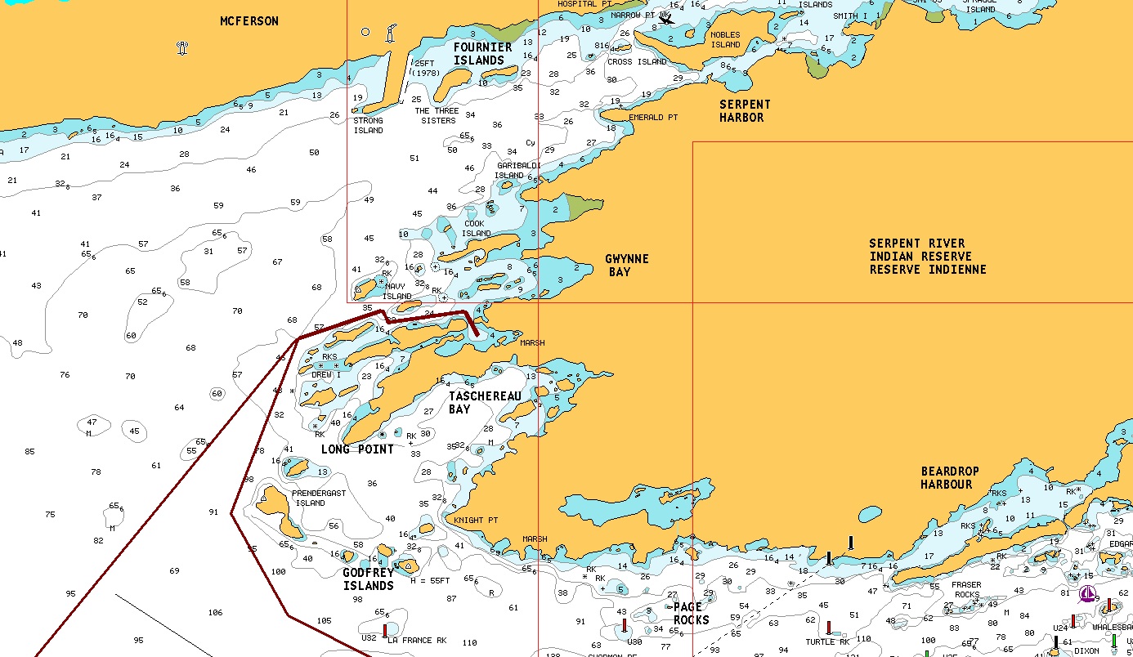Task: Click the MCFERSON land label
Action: (x=249, y=21)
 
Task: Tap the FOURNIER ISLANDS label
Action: (x=483, y=54)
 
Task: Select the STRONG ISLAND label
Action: (x=368, y=126)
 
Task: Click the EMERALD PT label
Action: (x=653, y=118)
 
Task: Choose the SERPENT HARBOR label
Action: (x=745, y=111)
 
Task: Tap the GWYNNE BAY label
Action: (x=626, y=266)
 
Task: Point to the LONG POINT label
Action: (x=357, y=449)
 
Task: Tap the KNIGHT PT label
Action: (x=476, y=521)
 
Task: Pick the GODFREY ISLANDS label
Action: (x=368, y=579)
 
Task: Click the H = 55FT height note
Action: (x=429, y=580)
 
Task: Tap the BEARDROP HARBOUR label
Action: (x=949, y=478)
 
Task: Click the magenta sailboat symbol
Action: (x=1087, y=594)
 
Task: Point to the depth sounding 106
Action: (x=215, y=613)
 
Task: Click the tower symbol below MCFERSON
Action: (x=182, y=48)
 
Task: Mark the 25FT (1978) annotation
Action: (x=426, y=69)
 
